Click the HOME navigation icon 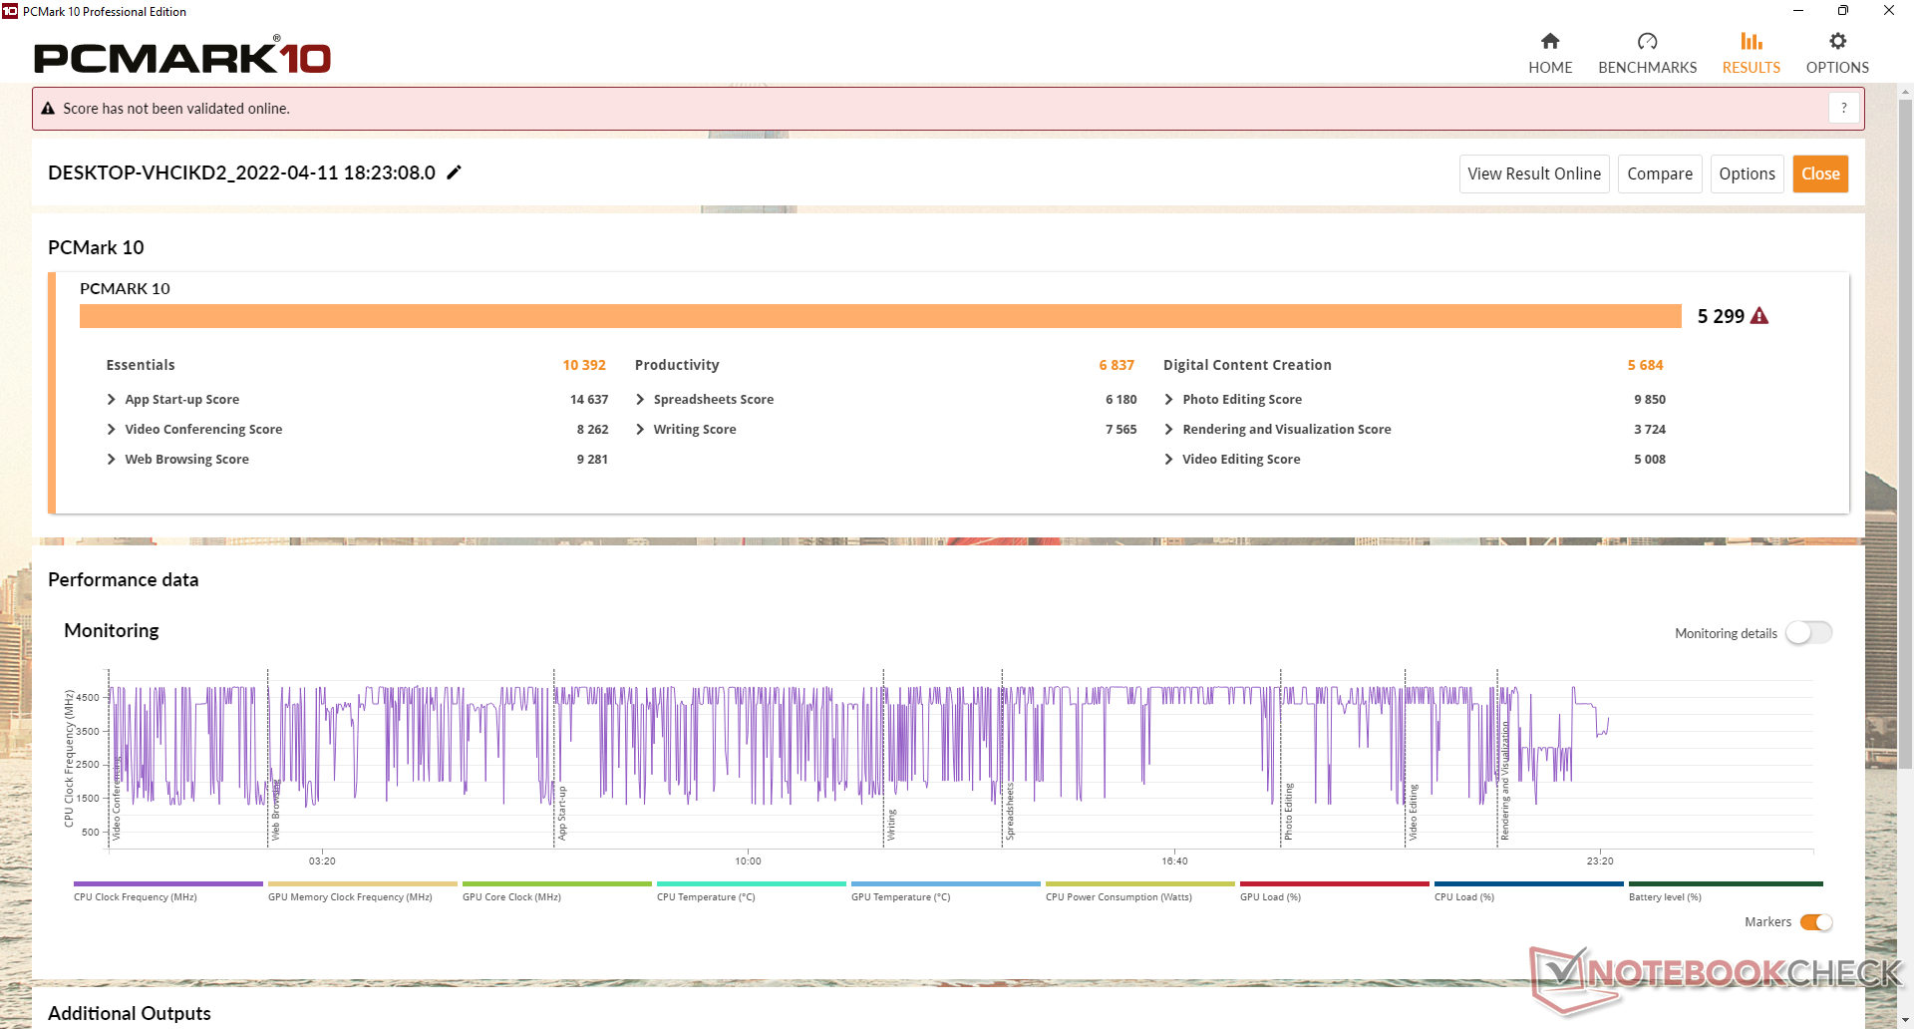tap(1549, 42)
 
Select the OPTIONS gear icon tap(1837, 42)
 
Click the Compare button tap(1659, 173)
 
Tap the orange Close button tap(1820, 173)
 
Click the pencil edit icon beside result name tap(455, 172)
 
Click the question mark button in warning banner tap(1843, 108)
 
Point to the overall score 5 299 tap(1721, 316)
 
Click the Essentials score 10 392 tap(584, 365)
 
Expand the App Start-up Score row tap(112, 400)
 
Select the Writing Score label tap(695, 430)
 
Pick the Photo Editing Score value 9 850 tap(1649, 400)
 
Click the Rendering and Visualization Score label tap(1286, 430)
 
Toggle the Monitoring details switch tap(1808, 633)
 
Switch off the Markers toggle tap(1816, 922)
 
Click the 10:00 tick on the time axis tap(748, 860)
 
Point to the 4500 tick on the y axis tap(88, 698)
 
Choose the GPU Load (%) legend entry tap(1270, 897)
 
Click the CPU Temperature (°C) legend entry tap(706, 897)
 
